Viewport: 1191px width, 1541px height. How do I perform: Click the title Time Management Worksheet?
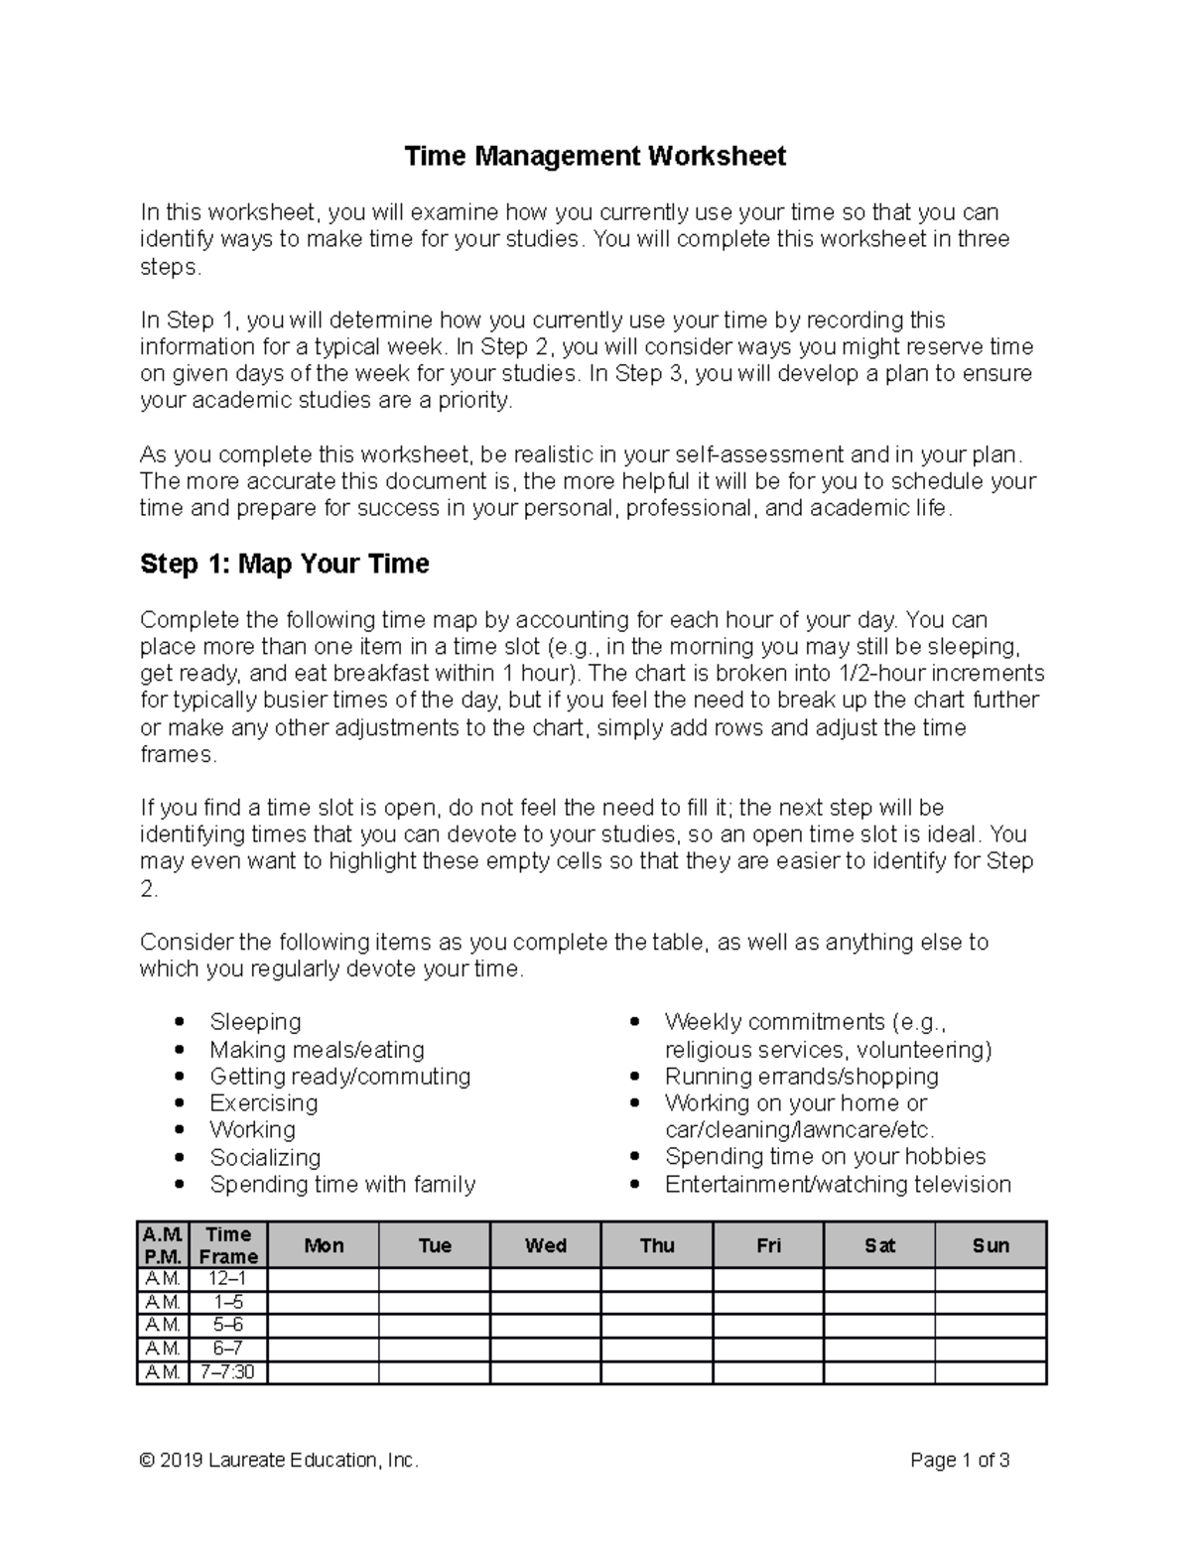(x=595, y=157)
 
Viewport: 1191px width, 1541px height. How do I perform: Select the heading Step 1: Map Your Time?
(x=285, y=564)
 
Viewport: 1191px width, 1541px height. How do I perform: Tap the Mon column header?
(x=324, y=1245)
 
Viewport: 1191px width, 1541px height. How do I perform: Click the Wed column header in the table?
(x=546, y=1245)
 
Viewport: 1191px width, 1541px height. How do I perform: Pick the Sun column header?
(x=991, y=1245)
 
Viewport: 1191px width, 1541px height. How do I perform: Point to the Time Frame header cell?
(x=228, y=1245)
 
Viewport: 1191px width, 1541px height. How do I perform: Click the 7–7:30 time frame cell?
(x=228, y=1372)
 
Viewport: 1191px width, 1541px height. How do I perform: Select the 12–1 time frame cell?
(x=228, y=1280)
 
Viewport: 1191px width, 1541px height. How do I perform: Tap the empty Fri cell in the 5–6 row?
(x=768, y=1327)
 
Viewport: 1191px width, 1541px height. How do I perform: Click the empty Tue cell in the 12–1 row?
(x=435, y=1280)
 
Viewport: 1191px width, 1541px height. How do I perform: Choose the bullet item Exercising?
(x=263, y=1103)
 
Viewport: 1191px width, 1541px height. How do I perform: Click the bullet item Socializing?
(x=265, y=1157)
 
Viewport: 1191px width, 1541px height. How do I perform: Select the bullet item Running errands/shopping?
(x=801, y=1077)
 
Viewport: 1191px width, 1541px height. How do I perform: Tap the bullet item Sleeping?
(x=255, y=1022)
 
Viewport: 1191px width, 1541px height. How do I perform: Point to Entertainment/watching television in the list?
(x=838, y=1184)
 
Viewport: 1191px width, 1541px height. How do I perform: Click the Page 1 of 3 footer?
(x=960, y=1460)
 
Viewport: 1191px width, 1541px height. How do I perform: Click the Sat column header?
(x=879, y=1245)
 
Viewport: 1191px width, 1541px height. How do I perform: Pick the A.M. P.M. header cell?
(x=162, y=1245)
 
